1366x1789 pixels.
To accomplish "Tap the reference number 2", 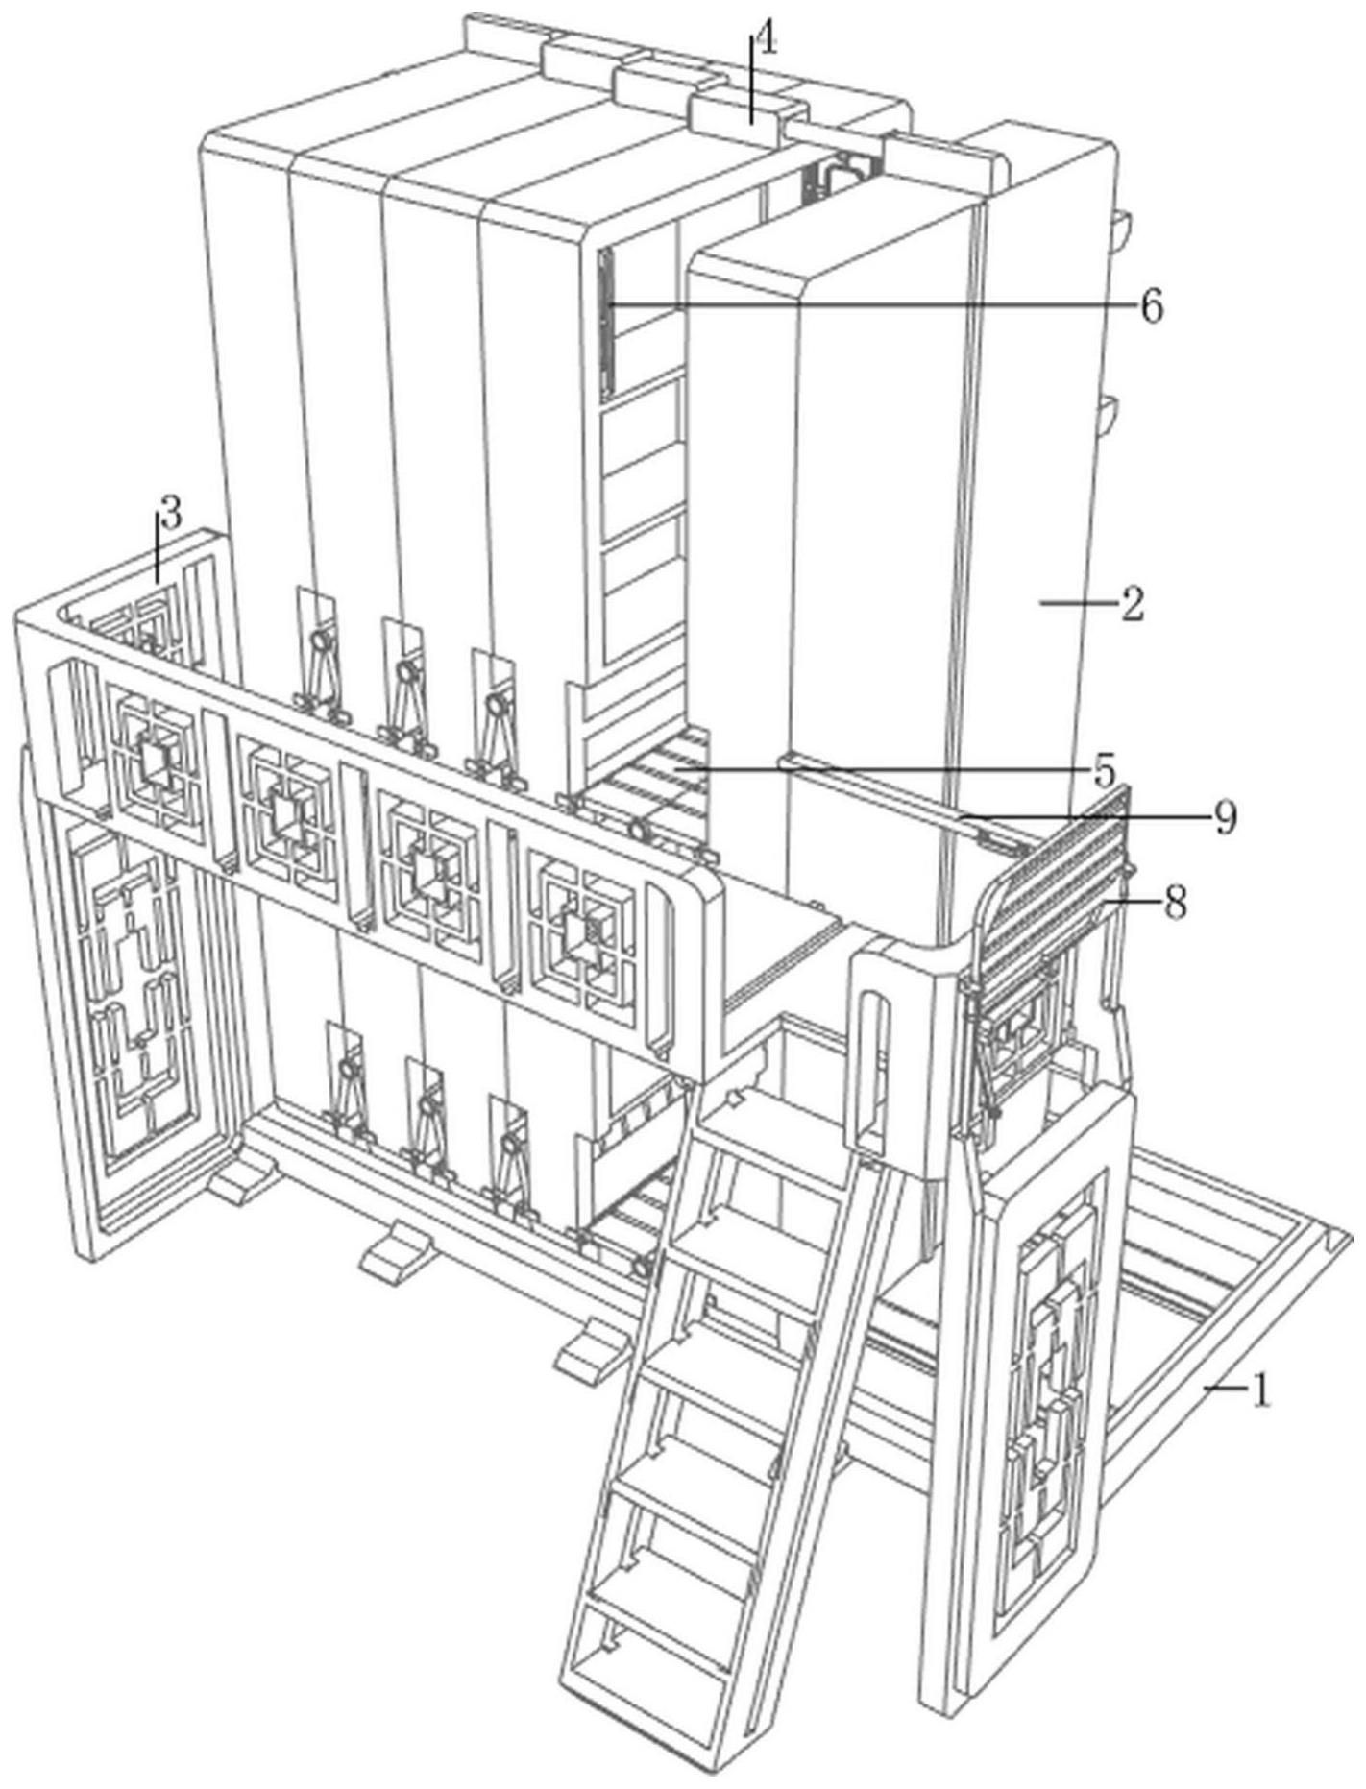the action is pos(1132,604).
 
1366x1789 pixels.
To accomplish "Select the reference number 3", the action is pos(170,516).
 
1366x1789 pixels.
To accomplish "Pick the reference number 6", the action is pos(1151,307).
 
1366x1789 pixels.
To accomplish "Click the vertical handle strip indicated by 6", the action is pos(606,324).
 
